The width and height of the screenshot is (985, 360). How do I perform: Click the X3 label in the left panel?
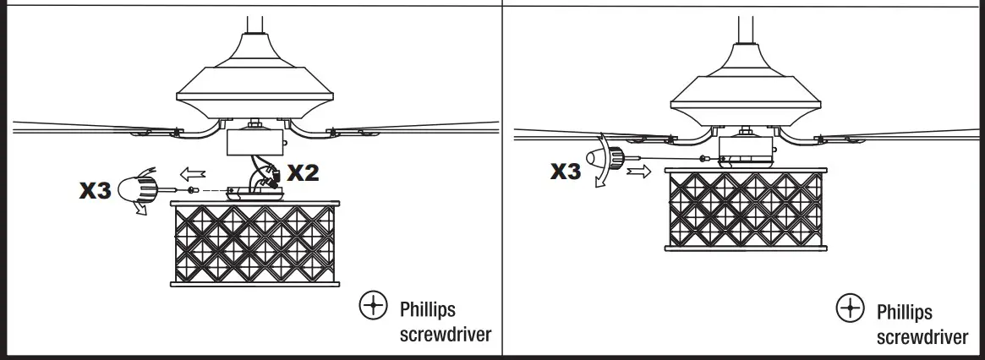click(x=96, y=191)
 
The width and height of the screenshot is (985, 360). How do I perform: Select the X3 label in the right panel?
click(x=566, y=171)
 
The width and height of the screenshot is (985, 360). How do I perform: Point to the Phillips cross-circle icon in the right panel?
click(x=849, y=309)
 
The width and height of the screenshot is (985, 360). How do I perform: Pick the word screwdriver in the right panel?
click(x=922, y=337)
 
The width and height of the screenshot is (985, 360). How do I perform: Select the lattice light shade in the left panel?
click(x=255, y=244)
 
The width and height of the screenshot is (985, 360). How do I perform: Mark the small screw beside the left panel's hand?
click(x=193, y=189)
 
